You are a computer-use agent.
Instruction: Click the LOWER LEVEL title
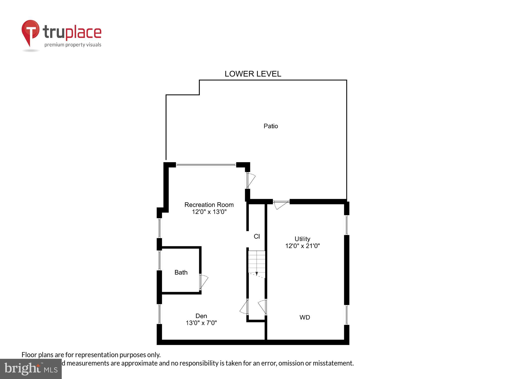[x=253, y=74]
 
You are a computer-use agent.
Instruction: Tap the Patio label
[x=271, y=126]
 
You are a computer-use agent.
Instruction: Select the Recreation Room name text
[x=209, y=205]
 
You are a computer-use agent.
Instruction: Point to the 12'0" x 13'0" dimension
[x=209, y=212]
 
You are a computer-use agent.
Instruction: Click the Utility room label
[x=302, y=239]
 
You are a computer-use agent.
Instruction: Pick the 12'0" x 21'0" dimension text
[x=303, y=246]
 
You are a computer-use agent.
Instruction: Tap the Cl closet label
[x=257, y=236]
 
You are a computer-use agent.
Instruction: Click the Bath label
[x=181, y=272]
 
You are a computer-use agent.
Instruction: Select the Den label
[x=201, y=316]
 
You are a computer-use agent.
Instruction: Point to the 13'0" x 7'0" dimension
[x=201, y=323]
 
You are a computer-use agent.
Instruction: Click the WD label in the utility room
[x=305, y=317]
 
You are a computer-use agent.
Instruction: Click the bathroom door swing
[x=204, y=282]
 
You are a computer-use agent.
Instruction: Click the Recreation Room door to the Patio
[x=251, y=180]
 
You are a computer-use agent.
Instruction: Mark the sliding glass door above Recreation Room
[x=206, y=165]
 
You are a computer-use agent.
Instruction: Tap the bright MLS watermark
[x=31, y=369]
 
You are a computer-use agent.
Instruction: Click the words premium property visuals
[x=73, y=45]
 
